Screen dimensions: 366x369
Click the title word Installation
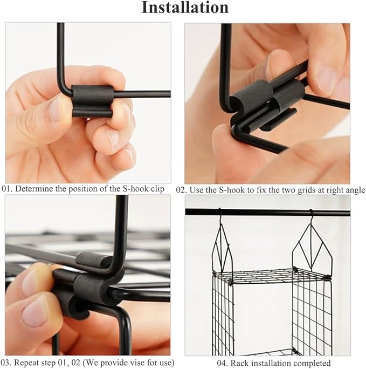pyautogui.click(x=185, y=8)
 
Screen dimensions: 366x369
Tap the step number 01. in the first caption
pyautogui.click(x=7, y=189)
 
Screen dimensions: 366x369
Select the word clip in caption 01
pyautogui.click(x=157, y=189)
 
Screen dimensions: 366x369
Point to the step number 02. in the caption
pyautogui.click(x=182, y=190)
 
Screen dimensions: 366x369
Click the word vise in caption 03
pyautogui.click(x=127, y=363)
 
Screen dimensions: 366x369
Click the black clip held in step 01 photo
pyautogui.click(x=92, y=102)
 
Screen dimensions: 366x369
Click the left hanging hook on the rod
pyautogui.click(x=220, y=216)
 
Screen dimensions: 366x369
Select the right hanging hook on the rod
pyautogui.click(x=311, y=216)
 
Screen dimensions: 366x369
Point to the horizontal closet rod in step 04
pyautogui.click(x=267, y=213)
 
